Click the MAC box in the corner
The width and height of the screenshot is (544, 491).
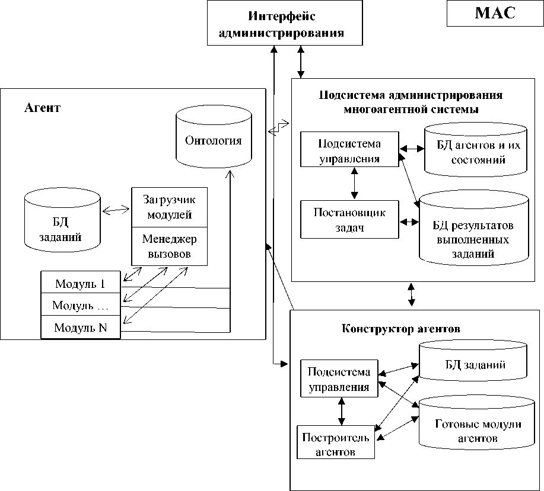point(495,14)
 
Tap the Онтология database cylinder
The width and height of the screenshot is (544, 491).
point(214,140)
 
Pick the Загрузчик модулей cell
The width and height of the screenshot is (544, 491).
point(169,207)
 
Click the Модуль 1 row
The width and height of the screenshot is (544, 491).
point(80,283)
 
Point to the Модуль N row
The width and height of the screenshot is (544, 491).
point(80,327)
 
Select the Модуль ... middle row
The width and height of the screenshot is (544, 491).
point(80,306)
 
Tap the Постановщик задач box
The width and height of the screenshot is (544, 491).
point(349,219)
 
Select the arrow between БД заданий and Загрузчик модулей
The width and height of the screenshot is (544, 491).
point(116,210)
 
